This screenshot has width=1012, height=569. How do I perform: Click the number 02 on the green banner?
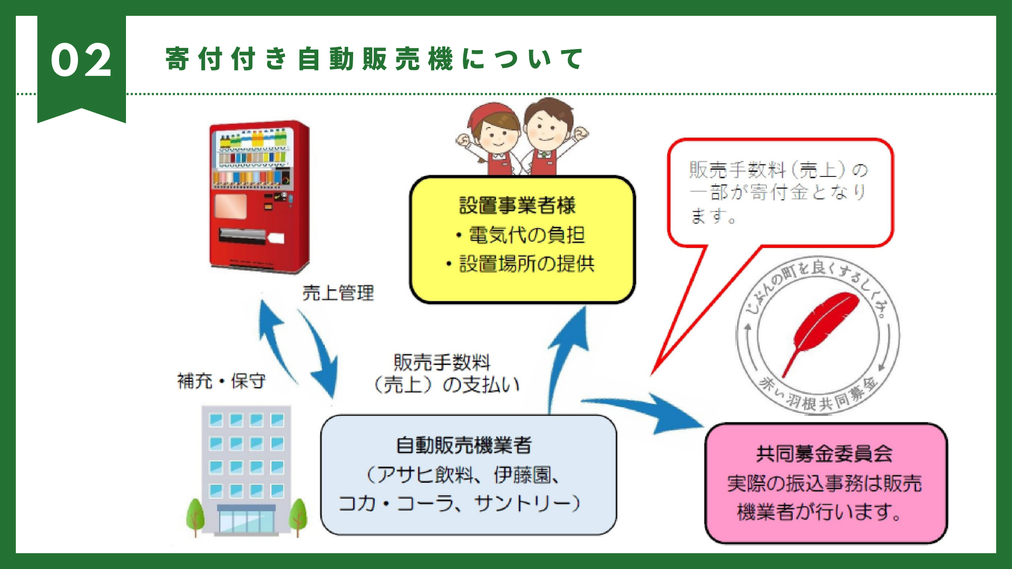pos(81,60)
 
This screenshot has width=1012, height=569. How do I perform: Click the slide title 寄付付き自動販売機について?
pos(374,58)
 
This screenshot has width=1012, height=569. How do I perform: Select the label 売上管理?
pos(338,293)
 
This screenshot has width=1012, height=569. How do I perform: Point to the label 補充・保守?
pos(221,380)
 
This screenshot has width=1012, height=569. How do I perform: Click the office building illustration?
pos(246,470)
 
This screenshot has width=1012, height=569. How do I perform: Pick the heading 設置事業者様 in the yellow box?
pos(517,205)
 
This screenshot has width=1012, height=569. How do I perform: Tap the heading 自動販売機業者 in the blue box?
pos(464,446)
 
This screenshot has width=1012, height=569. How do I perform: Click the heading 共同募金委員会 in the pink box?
pos(824,454)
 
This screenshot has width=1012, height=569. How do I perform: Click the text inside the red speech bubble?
pos(778,192)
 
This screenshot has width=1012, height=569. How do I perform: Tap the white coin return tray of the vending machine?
pos(276,239)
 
